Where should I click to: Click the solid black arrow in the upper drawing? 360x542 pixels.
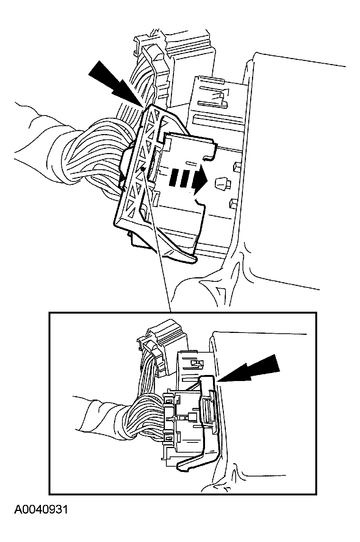(116, 84)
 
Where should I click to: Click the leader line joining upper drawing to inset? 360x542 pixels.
(157, 240)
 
